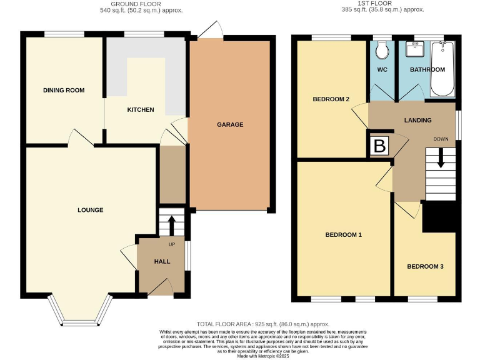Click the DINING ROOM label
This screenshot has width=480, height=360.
pos(64,90)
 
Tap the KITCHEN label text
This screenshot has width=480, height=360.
pos(141,110)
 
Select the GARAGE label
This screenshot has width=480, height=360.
pos(230,124)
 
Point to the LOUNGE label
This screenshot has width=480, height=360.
pos(91,210)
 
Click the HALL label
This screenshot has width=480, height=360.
pos(162,261)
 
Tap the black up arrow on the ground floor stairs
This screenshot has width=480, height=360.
pos(172,224)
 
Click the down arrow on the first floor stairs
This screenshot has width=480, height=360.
pos(441,158)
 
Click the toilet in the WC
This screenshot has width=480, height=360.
pos(383,49)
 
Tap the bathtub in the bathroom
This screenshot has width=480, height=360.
pos(443,69)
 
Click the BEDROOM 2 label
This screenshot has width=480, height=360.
pos(331,99)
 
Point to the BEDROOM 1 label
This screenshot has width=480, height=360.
pos(344,235)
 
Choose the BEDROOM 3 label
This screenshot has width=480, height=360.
pos(425,266)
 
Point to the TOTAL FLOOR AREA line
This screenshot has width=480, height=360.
pos(262,324)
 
